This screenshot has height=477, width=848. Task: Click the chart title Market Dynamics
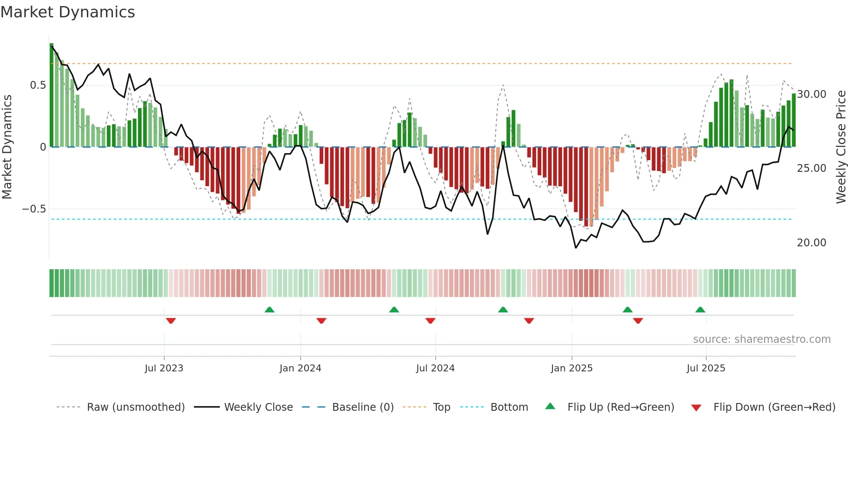point(67,12)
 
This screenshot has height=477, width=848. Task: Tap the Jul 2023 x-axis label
point(164,368)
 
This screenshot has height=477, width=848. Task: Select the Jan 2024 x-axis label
point(300,368)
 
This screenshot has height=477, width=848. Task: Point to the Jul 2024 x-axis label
point(435,368)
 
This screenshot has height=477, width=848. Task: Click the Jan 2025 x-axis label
point(572,368)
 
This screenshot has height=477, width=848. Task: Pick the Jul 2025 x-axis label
point(706,368)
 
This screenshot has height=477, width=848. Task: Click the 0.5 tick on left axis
point(38,85)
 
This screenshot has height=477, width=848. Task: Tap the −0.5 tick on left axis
point(34,209)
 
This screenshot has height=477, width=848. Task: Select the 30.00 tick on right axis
point(812,94)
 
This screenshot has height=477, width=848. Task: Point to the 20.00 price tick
point(812,243)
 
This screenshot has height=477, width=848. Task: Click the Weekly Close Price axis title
point(841,147)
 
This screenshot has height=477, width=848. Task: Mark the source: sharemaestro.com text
point(761,339)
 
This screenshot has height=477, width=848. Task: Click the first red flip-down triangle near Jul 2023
point(171,321)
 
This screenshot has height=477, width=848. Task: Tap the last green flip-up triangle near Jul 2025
point(700,309)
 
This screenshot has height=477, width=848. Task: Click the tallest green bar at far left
point(51,95)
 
